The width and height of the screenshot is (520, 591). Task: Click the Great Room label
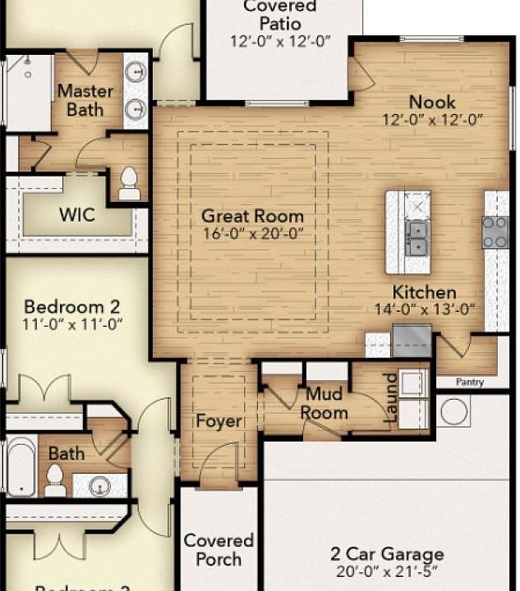[252, 217]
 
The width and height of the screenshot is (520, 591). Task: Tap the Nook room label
[431, 103]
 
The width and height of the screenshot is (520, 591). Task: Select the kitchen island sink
[416, 237]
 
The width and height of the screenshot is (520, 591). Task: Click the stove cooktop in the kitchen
[495, 231]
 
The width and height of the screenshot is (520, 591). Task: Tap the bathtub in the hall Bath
[21, 466]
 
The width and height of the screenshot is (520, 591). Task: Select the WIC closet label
[76, 216]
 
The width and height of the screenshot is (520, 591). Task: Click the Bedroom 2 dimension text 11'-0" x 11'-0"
[73, 324]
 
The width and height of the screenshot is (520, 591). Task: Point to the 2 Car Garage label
[386, 554]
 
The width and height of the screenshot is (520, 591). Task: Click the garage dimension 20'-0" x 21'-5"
[386, 571]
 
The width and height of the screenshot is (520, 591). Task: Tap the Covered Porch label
[219, 550]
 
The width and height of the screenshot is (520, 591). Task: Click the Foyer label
[219, 421]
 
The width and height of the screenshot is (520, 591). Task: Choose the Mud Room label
[323, 403]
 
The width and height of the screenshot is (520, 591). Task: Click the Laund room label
[391, 397]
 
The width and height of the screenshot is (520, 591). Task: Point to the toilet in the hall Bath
[55, 479]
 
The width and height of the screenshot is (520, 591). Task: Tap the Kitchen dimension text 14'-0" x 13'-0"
[423, 309]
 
